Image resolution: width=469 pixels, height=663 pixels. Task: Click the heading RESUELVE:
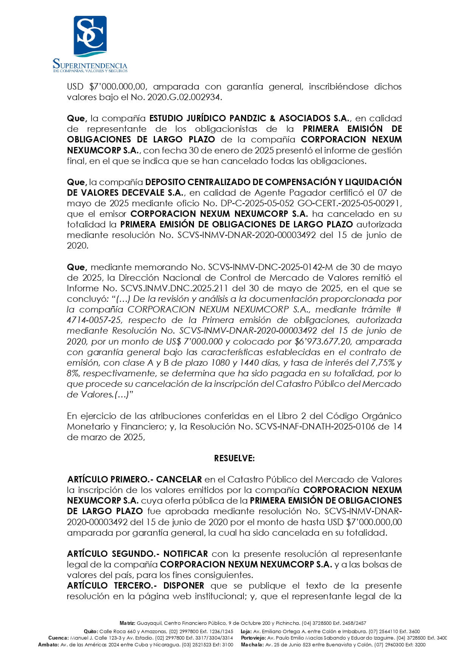tap(234, 458)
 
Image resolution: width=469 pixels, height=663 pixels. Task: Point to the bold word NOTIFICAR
tap(186, 554)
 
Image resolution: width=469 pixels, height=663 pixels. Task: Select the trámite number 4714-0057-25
tap(94, 320)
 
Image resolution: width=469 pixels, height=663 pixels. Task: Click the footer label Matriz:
tap(127, 623)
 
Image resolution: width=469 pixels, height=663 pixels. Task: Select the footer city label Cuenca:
tap(58, 638)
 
